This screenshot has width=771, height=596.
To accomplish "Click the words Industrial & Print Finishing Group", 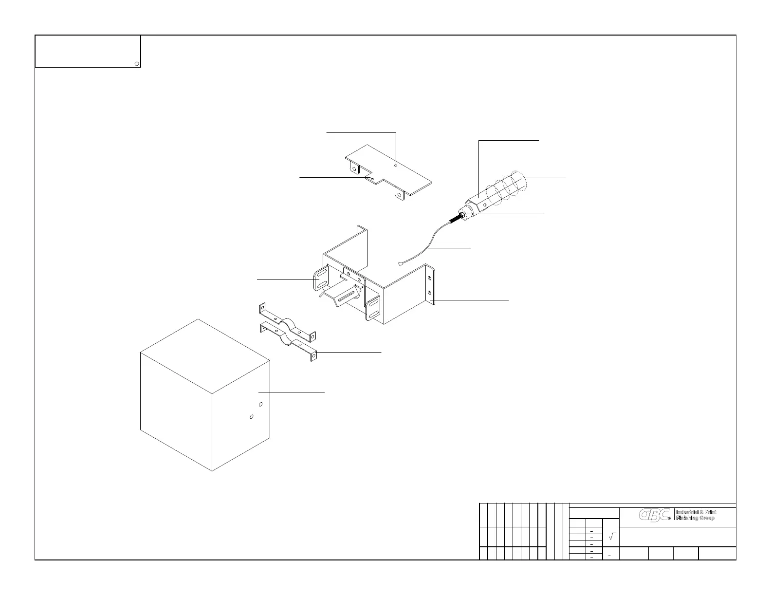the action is (696, 515).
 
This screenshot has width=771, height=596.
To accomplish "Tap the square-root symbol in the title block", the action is (612, 536).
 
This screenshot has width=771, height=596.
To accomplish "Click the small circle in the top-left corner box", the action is (137, 63).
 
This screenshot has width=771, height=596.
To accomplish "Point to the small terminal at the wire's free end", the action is (400, 265).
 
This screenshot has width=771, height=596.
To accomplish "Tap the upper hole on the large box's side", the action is (261, 404).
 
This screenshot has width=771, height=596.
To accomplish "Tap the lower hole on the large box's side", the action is (251, 417).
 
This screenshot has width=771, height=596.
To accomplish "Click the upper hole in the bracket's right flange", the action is (429, 278).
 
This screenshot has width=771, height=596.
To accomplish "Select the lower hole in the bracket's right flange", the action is (429, 293).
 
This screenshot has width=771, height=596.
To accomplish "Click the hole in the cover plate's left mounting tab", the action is (354, 169).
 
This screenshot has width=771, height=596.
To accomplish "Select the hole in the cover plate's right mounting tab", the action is (399, 195).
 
